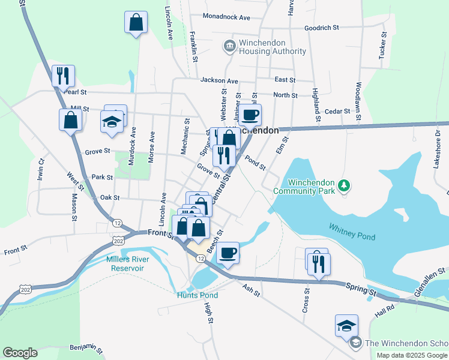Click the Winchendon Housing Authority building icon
(229, 46)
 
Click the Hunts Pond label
(197, 295)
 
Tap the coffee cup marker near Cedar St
(250, 114)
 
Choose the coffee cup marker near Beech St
(228, 253)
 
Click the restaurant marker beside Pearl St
(62, 76)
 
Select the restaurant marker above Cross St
(319, 263)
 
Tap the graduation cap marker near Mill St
(112, 121)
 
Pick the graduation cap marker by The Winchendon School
(347, 325)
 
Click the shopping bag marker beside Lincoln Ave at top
(136, 23)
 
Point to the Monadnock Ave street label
(226, 17)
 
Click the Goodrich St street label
(322, 28)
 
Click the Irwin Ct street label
(41, 169)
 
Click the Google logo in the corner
(20, 353)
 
